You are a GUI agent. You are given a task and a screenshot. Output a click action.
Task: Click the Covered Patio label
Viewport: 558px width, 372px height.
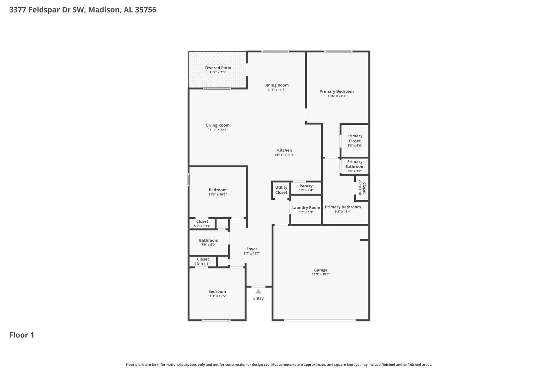pos(218,68)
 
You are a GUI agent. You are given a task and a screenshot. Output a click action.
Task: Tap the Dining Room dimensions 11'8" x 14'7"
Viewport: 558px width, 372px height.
pos(276,90)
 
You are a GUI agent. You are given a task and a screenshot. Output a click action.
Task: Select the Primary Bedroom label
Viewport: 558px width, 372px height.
pos(337,91)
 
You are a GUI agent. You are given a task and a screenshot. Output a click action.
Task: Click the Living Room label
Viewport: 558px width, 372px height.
pos(218,125)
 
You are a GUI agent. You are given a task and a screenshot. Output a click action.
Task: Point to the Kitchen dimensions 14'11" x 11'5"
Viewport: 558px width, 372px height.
pos(284,155)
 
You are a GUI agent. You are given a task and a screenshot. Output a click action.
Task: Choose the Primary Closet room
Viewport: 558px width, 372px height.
pos(355,141)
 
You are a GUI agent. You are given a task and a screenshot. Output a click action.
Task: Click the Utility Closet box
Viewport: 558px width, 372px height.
pos(281,190)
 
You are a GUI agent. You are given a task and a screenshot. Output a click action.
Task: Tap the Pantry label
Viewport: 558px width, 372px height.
pos(306,186)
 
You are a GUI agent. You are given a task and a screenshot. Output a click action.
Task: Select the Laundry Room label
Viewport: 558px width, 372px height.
pos(306,208)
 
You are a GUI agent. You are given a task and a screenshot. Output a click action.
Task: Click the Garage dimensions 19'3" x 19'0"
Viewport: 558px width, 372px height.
pos(321,274)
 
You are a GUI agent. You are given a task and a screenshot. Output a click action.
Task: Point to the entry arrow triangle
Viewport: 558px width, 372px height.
pos(258,291)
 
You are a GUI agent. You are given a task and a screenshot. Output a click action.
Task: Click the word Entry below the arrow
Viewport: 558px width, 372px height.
pos(258,298)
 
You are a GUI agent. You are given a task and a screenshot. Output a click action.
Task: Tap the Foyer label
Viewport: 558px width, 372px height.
pos(252,249)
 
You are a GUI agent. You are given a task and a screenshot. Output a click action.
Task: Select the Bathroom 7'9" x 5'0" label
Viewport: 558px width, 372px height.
pos(209,241)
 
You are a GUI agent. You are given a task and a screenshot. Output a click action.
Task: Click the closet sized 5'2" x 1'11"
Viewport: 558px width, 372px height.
pos(202,223)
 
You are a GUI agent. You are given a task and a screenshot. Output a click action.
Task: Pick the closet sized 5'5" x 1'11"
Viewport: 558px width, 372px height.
pos(203,261)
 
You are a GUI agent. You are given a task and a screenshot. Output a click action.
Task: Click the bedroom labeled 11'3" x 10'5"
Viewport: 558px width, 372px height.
pos(217,294)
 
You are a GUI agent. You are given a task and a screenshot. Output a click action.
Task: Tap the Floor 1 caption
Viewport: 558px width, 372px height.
pos(22,335)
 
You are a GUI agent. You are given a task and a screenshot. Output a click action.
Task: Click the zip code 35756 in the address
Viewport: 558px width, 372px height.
pos(145,10)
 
